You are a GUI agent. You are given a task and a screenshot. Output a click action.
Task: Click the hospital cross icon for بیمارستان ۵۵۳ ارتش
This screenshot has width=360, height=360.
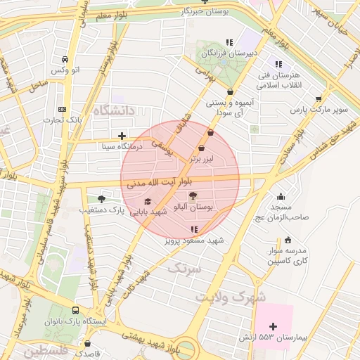point(274,326)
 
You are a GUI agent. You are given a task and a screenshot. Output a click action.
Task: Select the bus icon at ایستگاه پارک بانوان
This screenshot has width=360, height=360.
point(75,310)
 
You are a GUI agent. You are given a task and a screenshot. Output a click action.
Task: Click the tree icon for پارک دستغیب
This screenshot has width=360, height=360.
point(102,199)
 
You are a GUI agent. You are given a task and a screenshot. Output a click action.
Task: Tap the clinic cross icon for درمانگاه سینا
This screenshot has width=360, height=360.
point(122,136)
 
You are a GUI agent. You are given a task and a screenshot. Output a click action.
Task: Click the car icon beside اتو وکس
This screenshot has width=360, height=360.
point(65,60)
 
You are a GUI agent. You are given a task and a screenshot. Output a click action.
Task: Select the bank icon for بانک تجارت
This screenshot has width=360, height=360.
point(63,109)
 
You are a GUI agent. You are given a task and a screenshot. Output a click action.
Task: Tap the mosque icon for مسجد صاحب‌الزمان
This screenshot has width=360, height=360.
point(281,197)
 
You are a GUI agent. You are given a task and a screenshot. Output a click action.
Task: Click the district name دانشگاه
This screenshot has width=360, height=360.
point(112,111)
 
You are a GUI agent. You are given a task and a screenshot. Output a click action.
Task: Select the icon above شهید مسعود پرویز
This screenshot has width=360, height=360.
point(194,229)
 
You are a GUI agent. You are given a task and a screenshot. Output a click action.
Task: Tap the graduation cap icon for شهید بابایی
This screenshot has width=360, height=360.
point(147,202)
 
